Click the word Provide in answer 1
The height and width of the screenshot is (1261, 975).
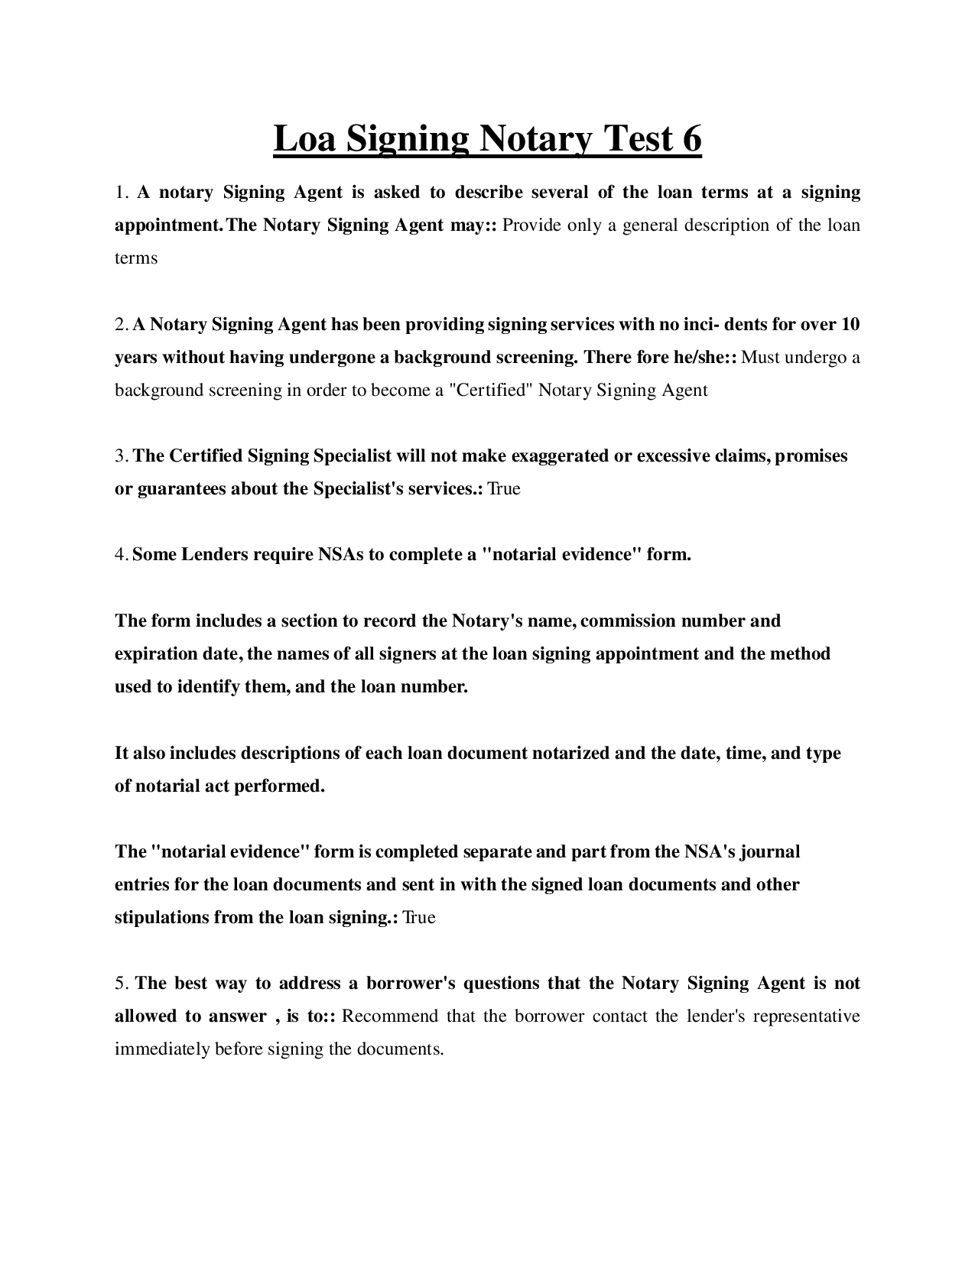530,225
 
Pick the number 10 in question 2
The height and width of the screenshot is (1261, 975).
850,325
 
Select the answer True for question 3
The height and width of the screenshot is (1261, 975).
504,489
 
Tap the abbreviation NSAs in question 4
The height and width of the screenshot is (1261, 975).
340,555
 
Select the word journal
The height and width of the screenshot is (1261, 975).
770,852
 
